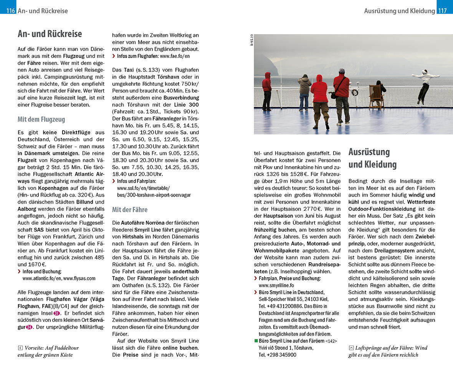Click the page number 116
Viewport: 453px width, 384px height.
(10, 11)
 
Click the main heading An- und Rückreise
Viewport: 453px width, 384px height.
(50, 34)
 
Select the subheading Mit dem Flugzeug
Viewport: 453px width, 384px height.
(41, 119)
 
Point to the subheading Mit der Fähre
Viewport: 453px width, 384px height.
(130, 210)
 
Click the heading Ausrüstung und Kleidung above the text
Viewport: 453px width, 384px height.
(372, 158)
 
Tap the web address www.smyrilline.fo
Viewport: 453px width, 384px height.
(276, 285)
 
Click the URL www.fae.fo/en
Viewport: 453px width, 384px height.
(175, 56)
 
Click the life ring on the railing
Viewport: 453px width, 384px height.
(355, 93)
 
